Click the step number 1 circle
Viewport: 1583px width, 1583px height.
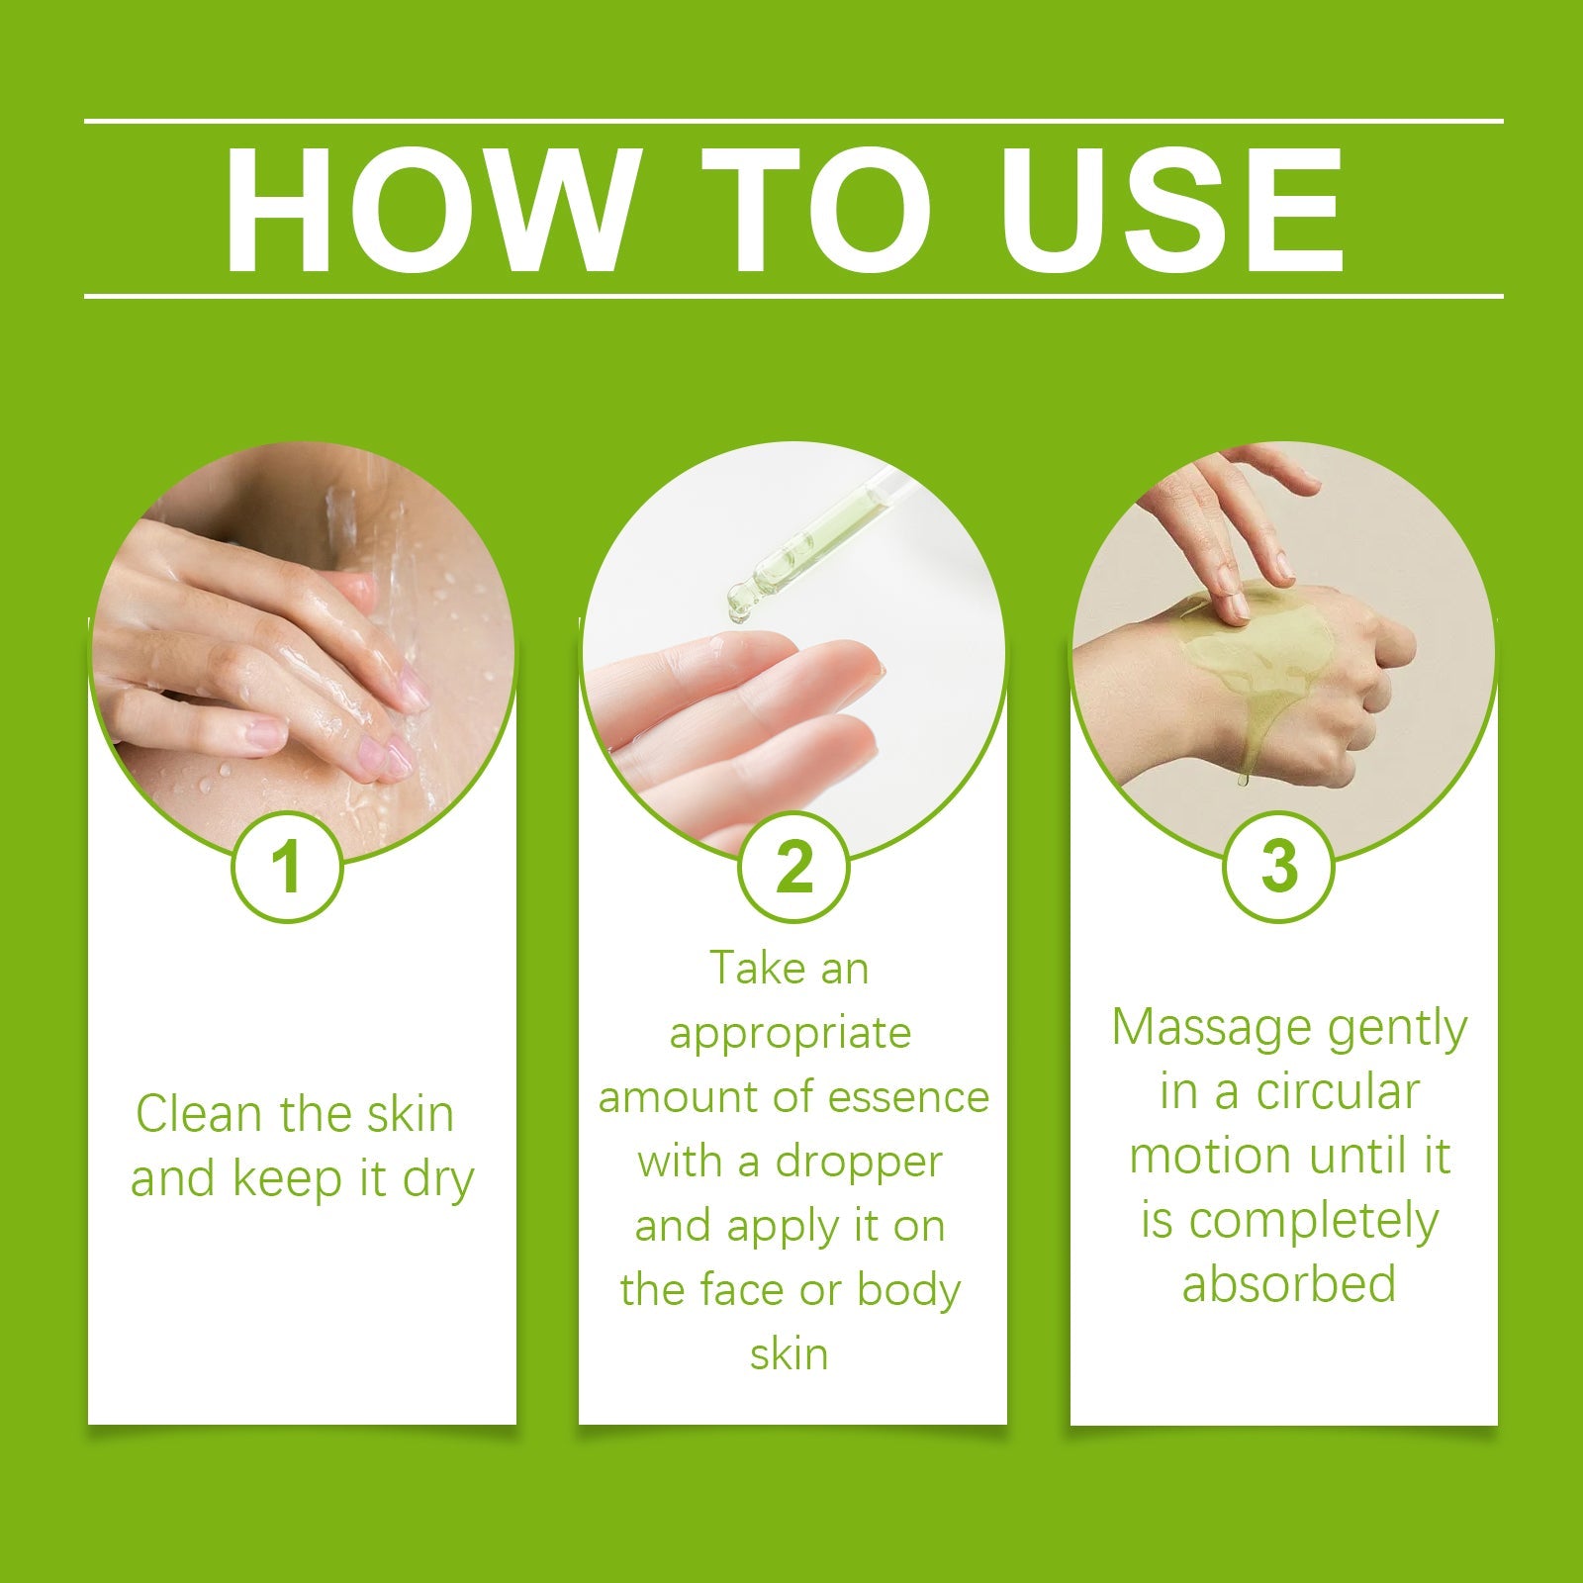tap(287, 868)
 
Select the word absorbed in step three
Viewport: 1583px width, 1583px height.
tap(1288, 1284)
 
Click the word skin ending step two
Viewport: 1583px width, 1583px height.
tap(789, 1353)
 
